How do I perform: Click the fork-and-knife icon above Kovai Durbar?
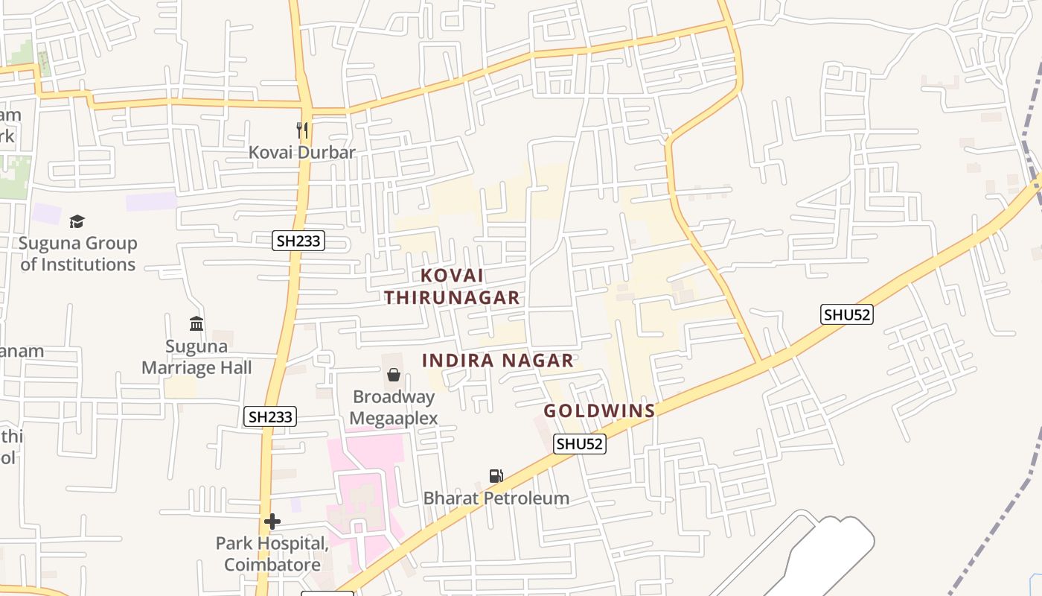[x=302, y=130]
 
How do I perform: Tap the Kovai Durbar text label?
[x=302, y=152]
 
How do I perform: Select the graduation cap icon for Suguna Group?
[x=77, y=221]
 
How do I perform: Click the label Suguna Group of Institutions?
[x=78, y=253]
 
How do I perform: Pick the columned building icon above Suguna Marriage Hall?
[x=196, y=323]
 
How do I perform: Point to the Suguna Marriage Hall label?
[x=196, y=357]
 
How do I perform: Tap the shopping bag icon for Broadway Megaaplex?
[x=394, y=374]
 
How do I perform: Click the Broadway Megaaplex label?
[x=394, y=408]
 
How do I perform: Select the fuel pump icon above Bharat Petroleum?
[x=496, y=476]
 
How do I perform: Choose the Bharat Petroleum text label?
[x=496, y=498]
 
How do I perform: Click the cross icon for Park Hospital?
[x=272, y=521]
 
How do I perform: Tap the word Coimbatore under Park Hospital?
[x=272, y=564]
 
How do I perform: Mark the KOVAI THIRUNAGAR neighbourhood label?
[x=452, y=286]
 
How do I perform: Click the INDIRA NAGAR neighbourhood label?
[x=497, y=361]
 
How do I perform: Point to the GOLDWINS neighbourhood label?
[x=599, y=410]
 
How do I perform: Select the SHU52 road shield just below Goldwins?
[x=580, y=444]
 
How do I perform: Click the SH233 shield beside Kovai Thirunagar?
[x=298, y=241]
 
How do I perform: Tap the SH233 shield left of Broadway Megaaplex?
[x=270, y=416]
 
